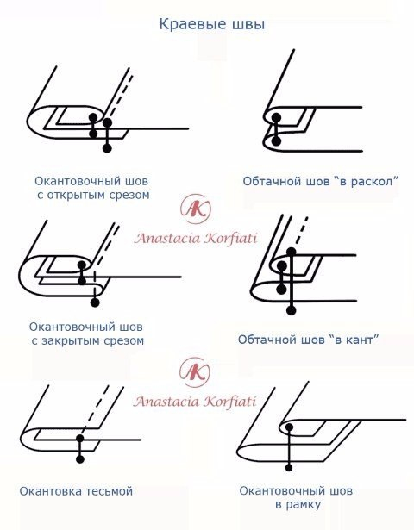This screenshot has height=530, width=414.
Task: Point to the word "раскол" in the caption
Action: pyautogui.click(x=370, y=181)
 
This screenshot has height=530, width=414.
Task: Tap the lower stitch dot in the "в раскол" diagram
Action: pyautogui.click(x=276, y=140)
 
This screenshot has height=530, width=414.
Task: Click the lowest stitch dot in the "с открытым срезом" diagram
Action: pyautogui.click(x=107, y=149)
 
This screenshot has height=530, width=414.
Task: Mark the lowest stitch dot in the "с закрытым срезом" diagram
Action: pyautogui.click(x=95, y=302)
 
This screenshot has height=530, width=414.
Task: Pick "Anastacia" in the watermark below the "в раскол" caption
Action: pyautogui.click(x=169, y=238)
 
